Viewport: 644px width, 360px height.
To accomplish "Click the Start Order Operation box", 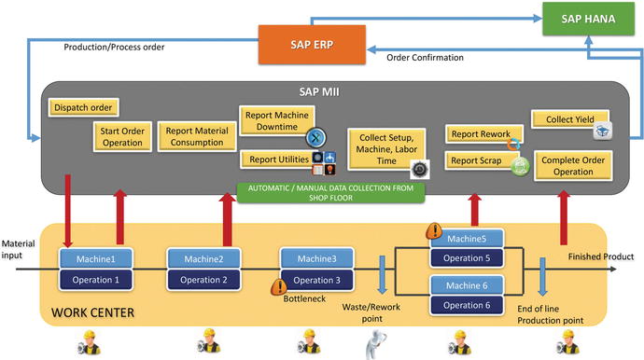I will click(120, 138).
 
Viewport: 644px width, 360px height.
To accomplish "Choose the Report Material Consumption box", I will click(195, 137).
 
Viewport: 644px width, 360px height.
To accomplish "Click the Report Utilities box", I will click(273, 159).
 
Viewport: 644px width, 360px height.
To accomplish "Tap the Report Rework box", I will click(478, 134).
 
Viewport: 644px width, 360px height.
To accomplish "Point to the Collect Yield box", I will click(564, 119).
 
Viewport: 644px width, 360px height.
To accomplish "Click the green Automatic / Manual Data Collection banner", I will click(330, 192).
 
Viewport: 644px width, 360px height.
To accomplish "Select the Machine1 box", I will click(92, 258).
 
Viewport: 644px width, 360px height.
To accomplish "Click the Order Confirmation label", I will click(424, 58).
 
